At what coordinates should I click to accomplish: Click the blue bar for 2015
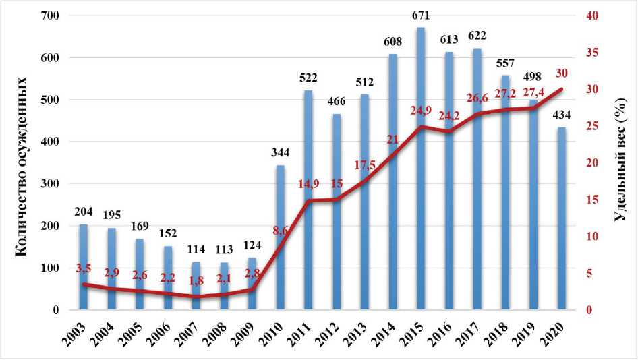421,202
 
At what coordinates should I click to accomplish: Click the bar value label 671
422,16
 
